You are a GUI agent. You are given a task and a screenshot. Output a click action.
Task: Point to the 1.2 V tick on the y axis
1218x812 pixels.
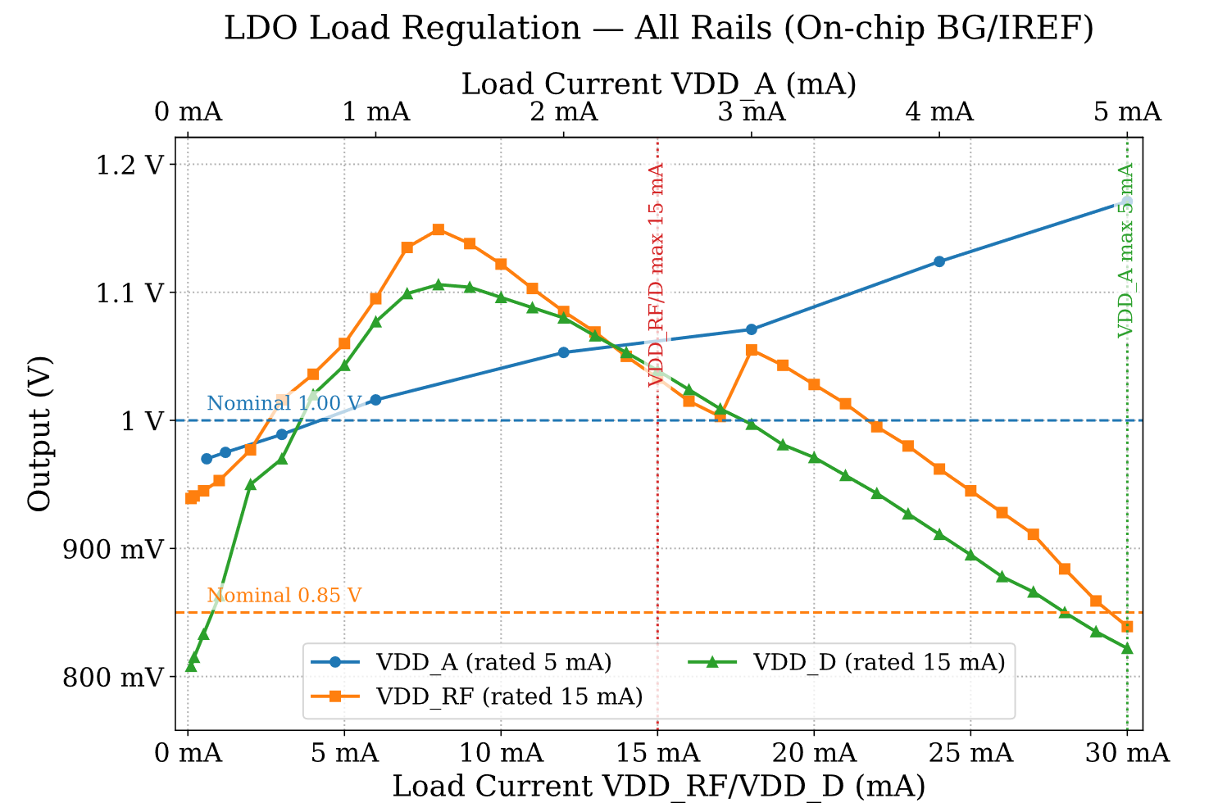point(136,165)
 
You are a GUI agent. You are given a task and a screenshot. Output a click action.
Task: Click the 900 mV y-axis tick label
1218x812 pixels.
point(116,549)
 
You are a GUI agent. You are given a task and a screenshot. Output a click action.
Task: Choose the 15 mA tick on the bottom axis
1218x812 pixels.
point(657,752)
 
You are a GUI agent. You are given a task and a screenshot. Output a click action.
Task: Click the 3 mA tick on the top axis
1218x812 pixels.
point(751,111)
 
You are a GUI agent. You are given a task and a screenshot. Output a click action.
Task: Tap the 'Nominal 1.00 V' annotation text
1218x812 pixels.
point(284,403)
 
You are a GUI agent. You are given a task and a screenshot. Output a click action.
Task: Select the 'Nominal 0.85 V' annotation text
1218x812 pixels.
point(284,596)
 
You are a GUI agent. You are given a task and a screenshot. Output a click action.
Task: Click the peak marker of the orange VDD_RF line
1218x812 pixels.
point(439,229)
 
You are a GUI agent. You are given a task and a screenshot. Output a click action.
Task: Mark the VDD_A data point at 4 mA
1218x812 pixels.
point(939,261)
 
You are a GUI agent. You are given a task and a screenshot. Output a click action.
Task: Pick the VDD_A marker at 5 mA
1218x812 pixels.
point(1127,202)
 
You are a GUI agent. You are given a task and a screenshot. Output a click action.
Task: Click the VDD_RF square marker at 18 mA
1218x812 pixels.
point(752,350)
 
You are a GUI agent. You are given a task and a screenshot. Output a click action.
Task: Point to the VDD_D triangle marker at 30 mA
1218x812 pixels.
point(1127,649)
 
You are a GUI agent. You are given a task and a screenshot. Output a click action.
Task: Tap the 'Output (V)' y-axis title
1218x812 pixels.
point(39,433)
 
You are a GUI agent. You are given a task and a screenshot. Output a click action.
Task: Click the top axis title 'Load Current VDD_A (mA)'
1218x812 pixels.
point(658,84)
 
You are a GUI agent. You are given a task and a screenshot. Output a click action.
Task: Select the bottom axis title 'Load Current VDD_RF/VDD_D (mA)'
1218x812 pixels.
point(658,787)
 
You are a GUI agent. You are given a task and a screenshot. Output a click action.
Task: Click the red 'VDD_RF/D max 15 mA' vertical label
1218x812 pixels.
point(657,275)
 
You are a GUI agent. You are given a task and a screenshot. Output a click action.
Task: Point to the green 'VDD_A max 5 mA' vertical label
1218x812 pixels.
point(1126,250)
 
